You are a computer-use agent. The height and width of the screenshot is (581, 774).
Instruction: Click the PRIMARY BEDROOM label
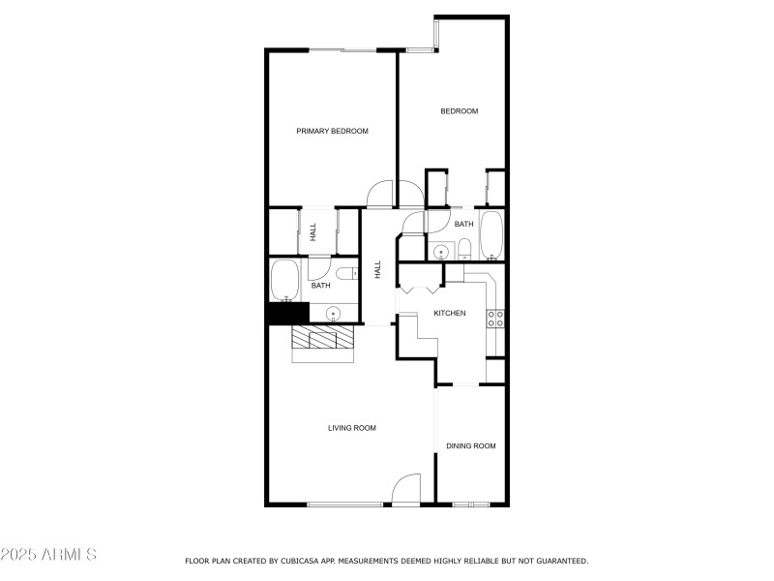(x=332, y=131)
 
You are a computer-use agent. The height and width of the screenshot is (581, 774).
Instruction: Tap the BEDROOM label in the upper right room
(x=459, y=111)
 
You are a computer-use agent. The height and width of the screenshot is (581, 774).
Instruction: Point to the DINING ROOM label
(x=470, y=446)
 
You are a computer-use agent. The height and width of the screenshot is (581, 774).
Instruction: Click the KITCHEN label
(x=450, y=313)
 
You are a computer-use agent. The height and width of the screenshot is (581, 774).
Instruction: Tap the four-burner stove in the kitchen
(x=495, y=319)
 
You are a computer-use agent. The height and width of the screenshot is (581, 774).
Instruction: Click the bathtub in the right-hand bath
(x=491, y=235)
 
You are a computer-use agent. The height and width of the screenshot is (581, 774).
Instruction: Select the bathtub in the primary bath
(x=285, y=281)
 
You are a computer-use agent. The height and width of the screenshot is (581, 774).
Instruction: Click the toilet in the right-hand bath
(x=464, y=249)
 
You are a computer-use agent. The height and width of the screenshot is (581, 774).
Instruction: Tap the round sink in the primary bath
(x=333, y=314)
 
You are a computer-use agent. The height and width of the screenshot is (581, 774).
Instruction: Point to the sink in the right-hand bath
(x=440, y=251)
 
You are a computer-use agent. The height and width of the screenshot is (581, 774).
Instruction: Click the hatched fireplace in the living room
(x=324, y=339)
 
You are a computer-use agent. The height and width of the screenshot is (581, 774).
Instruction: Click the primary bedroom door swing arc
(x=381, y=194)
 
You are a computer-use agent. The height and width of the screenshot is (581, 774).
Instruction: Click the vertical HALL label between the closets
(x=313, y=231)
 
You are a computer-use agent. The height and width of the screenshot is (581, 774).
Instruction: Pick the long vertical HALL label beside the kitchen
(x=378, y=270)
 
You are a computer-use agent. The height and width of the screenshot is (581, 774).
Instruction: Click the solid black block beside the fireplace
(x=286, y=313)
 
